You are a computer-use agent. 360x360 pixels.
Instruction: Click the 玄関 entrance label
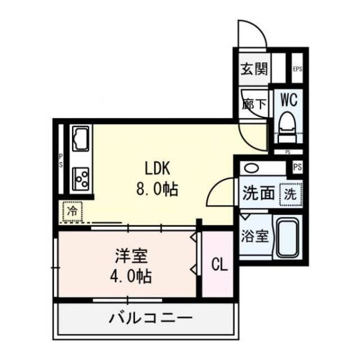pos(254,70)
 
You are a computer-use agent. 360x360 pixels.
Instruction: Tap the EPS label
pos(297,70)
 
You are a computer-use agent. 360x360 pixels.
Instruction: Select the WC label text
pos(289,100)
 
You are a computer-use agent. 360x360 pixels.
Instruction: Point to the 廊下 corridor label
pos(254,104)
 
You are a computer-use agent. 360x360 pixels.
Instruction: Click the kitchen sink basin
pos(80,136)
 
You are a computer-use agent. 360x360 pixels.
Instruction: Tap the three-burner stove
pos(80,179)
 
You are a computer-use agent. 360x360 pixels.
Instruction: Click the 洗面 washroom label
pos(258,194)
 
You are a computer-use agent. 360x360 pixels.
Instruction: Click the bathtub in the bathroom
pos(287,236)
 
